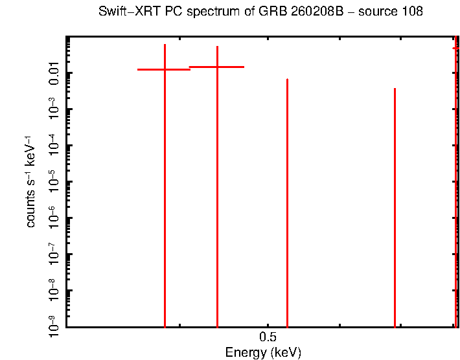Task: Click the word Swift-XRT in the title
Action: point(124,12)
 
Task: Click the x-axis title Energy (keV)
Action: point(263,353)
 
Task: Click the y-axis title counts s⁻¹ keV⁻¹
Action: point(30,181)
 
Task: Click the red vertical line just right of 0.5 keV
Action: point(287,194)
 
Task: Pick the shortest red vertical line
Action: point(395,207)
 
